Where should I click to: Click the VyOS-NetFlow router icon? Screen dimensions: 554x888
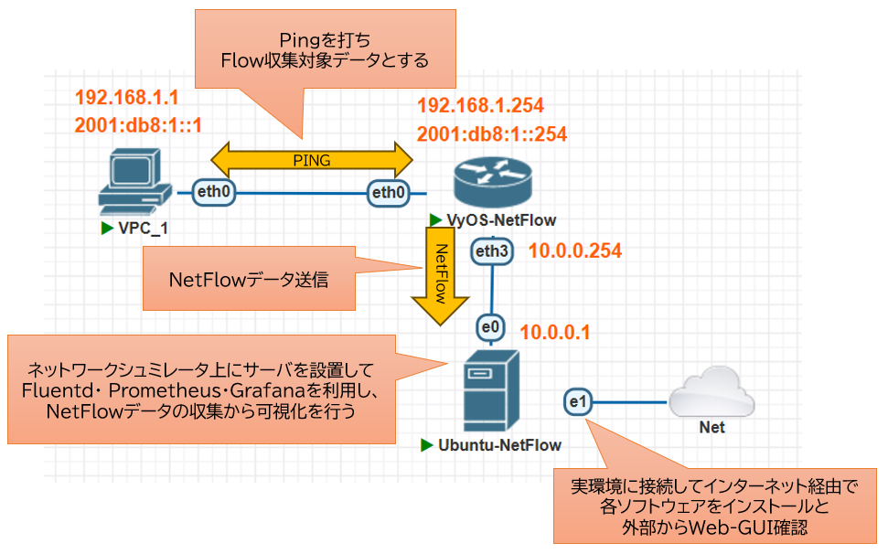(492, 183)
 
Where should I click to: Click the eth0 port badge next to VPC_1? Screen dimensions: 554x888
(215, 192)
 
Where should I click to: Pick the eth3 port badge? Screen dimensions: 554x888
(492, 250)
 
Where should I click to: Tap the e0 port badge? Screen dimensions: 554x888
(490, 326)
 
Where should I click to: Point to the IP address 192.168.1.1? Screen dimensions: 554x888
(127, 98)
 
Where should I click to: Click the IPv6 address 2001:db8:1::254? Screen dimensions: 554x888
(492, 133)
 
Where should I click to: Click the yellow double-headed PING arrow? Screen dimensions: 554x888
(312, 160)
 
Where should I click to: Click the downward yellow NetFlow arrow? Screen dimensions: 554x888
(442, 274)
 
